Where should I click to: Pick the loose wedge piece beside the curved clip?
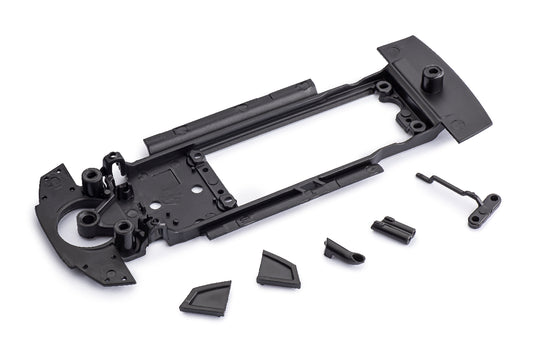point(277,268)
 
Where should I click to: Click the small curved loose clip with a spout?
point(341,250)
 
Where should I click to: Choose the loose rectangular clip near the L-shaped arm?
point(393,231)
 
